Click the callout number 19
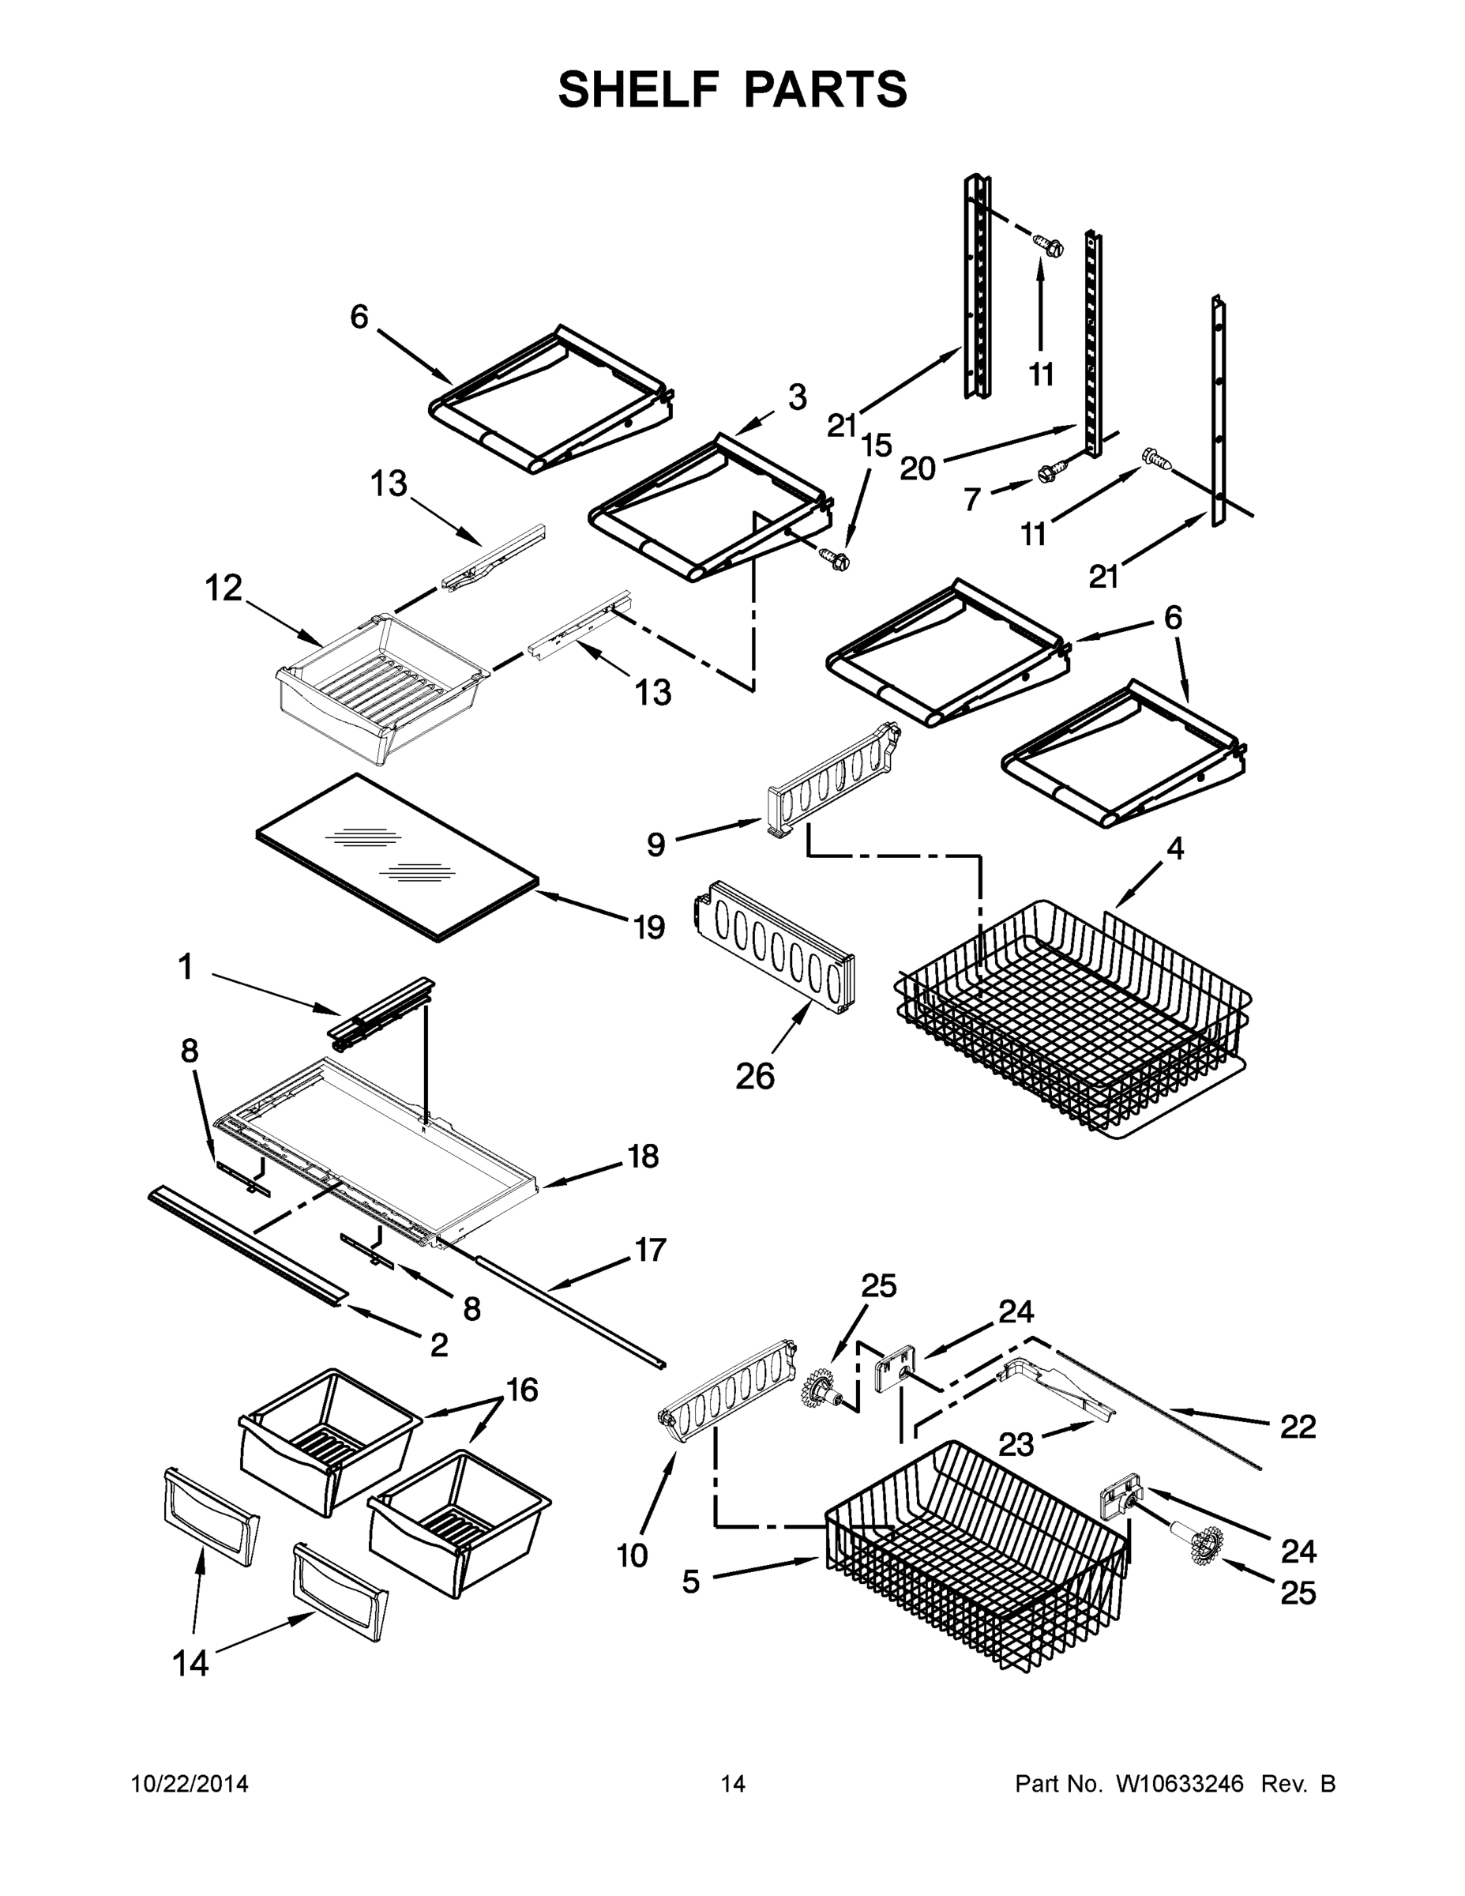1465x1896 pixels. (649, 927)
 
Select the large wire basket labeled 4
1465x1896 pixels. (1072, 1020)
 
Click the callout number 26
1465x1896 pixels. (754, 1077)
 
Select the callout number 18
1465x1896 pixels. (643, 1157)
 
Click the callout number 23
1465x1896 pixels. (1016, 1443)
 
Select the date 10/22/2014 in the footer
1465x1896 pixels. (190, 1783)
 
